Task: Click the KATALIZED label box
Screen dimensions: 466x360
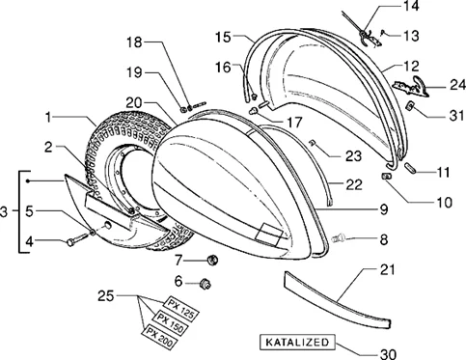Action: tap(297, 343)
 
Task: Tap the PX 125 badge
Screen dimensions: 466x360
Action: tap(181, 309)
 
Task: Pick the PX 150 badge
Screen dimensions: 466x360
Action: tap(171, 323)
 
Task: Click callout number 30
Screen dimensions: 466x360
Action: tap(389, 354)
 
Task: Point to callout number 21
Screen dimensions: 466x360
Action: tap(387, 269)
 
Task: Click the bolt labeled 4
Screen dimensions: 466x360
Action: tap(77, 239)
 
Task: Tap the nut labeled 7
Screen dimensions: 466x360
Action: tap(212, 260)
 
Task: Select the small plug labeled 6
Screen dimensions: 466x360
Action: tap(205, 283)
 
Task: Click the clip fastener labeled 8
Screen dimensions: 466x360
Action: tap(339, 238)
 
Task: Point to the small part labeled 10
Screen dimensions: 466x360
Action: tap(385, 176)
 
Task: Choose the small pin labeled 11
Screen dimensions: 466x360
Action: tap(411, 168)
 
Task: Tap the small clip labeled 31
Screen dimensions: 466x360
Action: tap(410, 105)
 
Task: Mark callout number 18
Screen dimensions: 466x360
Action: tap(134, 42)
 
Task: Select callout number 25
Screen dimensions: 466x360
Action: tap(106, 295)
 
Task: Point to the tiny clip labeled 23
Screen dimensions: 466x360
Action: tap(312, 142)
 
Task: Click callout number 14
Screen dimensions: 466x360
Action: tap(411, 6)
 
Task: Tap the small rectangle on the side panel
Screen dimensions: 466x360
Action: tap(269, 232)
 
